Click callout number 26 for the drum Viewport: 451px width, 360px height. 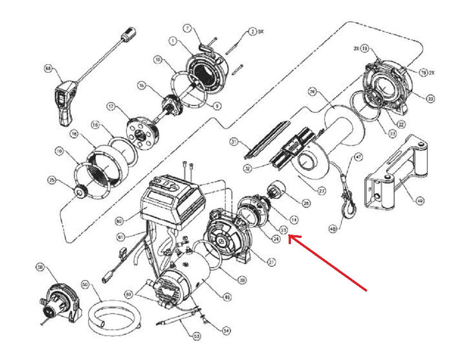tap(312, 92)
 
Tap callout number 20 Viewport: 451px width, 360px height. tap(431, 99)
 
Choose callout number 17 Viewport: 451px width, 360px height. tap(111, 106)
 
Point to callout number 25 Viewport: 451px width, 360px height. tap(52, 180)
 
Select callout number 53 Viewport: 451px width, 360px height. tap(197, 337)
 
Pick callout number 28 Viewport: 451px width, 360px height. tap(307, 202)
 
